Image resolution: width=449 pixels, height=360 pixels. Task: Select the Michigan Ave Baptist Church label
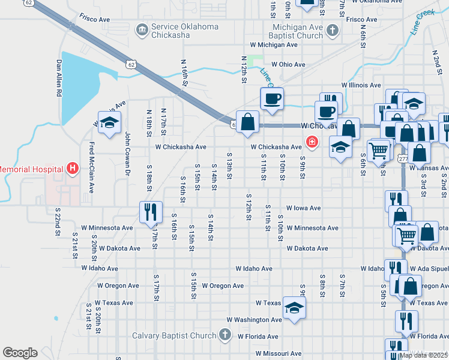[289, 32]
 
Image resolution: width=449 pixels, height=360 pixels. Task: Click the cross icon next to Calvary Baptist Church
[224, 335]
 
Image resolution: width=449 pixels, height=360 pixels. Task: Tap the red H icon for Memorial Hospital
[72, 169]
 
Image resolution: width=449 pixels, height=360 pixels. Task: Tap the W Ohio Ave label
[288, 64]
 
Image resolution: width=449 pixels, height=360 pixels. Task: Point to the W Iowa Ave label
[304, 208]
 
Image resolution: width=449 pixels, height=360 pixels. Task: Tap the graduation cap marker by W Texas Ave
[294, 308]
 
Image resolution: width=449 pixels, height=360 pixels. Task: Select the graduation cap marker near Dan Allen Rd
[109, 123]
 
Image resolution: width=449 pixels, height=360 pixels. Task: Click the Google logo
[20, 353]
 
